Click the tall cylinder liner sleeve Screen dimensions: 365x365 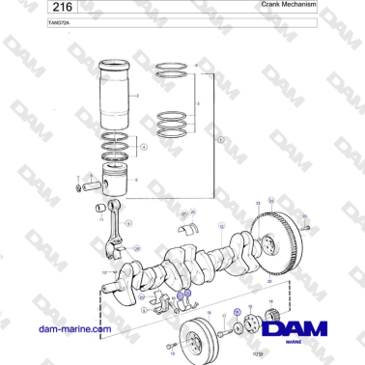click(x=119, y=96)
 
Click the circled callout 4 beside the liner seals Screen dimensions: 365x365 click(x=143, y=148)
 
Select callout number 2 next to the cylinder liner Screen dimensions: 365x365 click(x=139, y=96)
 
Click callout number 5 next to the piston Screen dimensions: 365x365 click(x=136, y=180)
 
